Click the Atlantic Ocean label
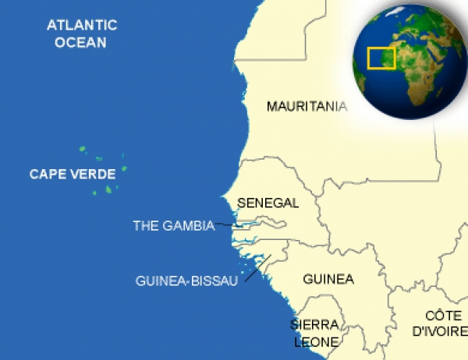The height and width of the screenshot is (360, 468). [81, 34]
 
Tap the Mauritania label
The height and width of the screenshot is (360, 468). [307, 107]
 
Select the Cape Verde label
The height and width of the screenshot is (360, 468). [73, 174]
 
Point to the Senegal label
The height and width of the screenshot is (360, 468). [268, 203]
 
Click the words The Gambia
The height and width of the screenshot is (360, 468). [173, 226]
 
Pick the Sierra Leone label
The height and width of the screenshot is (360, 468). [316, 333]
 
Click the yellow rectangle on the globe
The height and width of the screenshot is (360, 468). [381, 57]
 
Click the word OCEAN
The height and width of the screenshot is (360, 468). [81, 42]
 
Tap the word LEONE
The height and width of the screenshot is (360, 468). [316, 341]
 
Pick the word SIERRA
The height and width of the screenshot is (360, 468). [316, 324]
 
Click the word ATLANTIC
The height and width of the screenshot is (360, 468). [81, 25]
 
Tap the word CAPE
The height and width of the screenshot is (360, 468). [46, 174]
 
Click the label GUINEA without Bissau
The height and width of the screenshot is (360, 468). [328, 279]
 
